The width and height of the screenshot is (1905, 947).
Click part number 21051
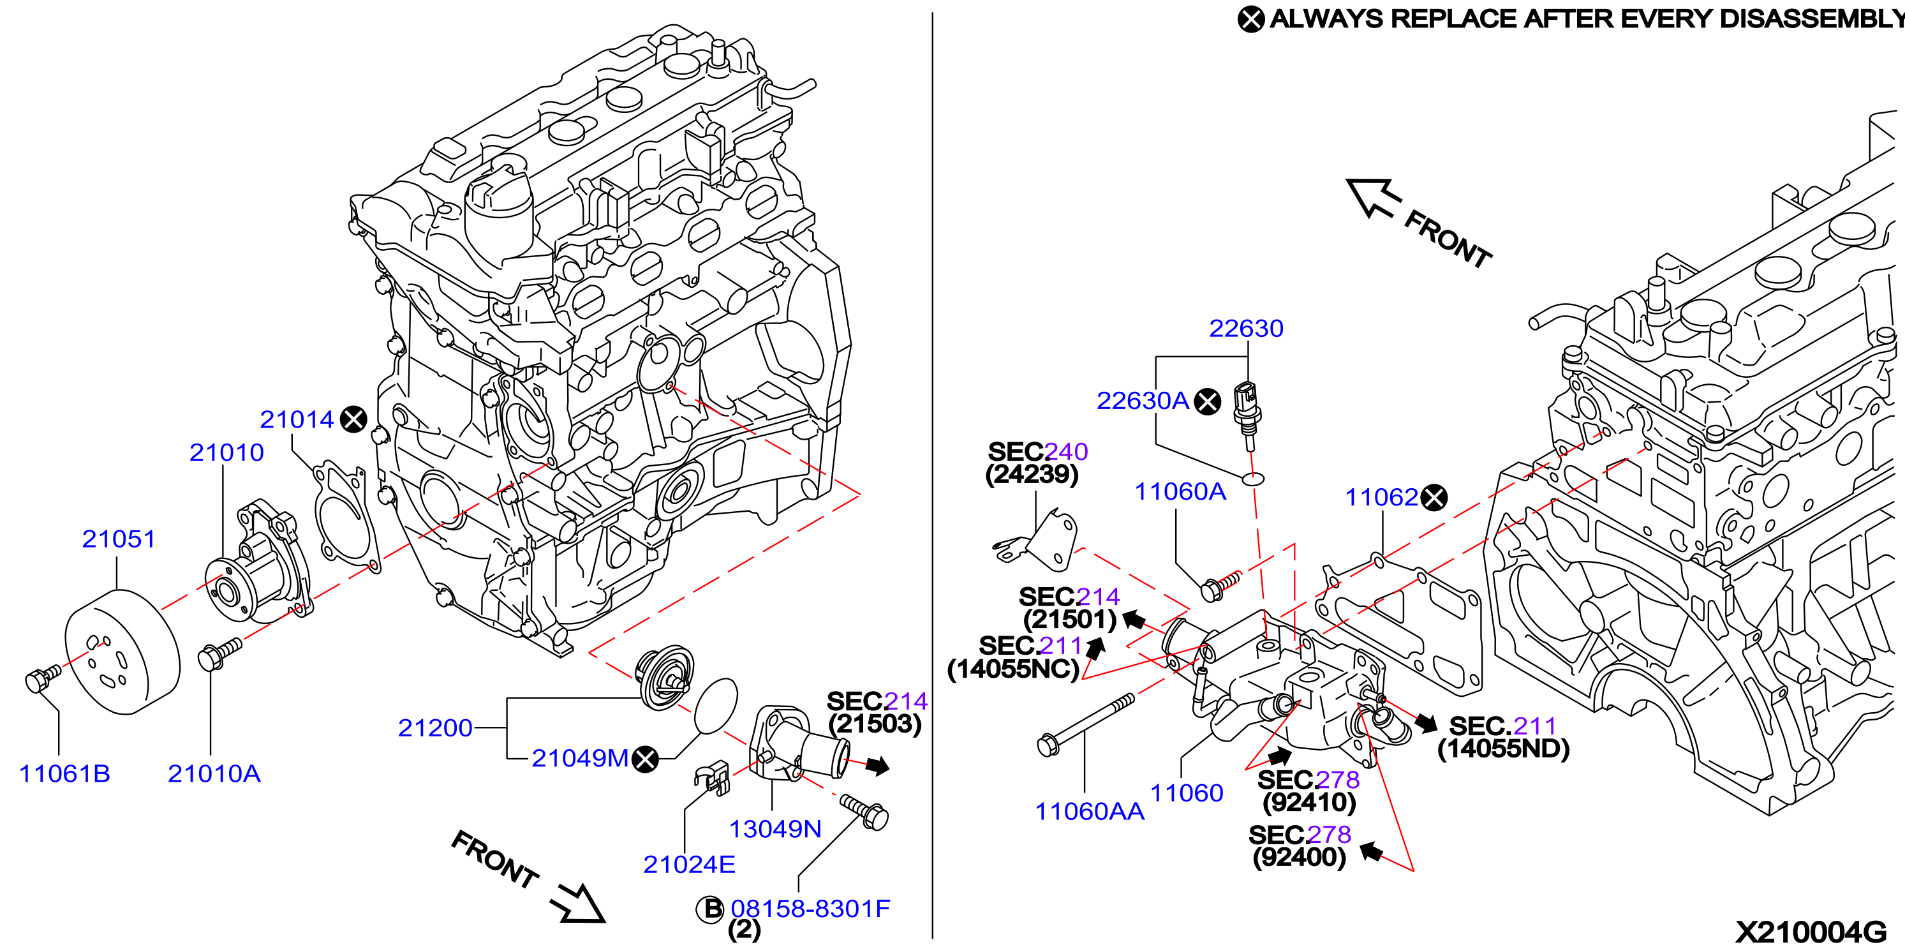[x=118, y=539]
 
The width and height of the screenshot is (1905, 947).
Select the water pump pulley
[x=122, y=652]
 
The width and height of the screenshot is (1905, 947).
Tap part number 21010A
[x=214, y=773]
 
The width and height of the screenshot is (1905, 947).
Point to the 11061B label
[x=64, y=773]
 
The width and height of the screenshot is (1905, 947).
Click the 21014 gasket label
[x=297, y=419]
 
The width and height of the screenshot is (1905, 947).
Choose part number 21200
[x=435, y=728]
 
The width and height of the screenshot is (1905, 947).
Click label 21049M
[x=580, y=758]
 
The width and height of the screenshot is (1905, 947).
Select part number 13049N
[x=775, y=828]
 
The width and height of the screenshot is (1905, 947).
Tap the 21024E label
[x=688, y=864]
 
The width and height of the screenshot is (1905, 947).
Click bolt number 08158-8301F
[x=810, y=909]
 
